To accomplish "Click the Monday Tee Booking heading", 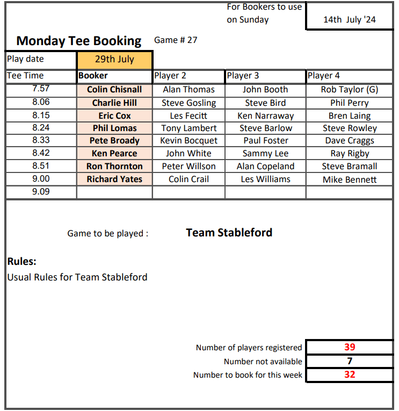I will [79, 41].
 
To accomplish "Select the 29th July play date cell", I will [114, 59].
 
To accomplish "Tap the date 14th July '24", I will [349, 20].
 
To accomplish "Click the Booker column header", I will [93, 76].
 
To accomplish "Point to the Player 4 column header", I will [324, 76].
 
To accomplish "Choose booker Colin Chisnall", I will [114, 90].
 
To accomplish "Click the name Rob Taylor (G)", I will [349, 90].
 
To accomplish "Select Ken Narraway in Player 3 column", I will [265, 116].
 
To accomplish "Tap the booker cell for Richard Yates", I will [114, 179].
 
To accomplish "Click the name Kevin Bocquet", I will [188, 141].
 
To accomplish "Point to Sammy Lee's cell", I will [265, 154].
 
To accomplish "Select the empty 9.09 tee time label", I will [41, 192].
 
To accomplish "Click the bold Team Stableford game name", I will [229, 233].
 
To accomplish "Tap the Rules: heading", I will [21, 262].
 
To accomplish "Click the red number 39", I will [350, 347].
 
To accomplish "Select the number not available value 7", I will [350, 361].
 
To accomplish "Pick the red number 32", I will [350, 374].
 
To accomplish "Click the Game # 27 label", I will [176, 40].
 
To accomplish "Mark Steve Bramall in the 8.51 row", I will [349, 167].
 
